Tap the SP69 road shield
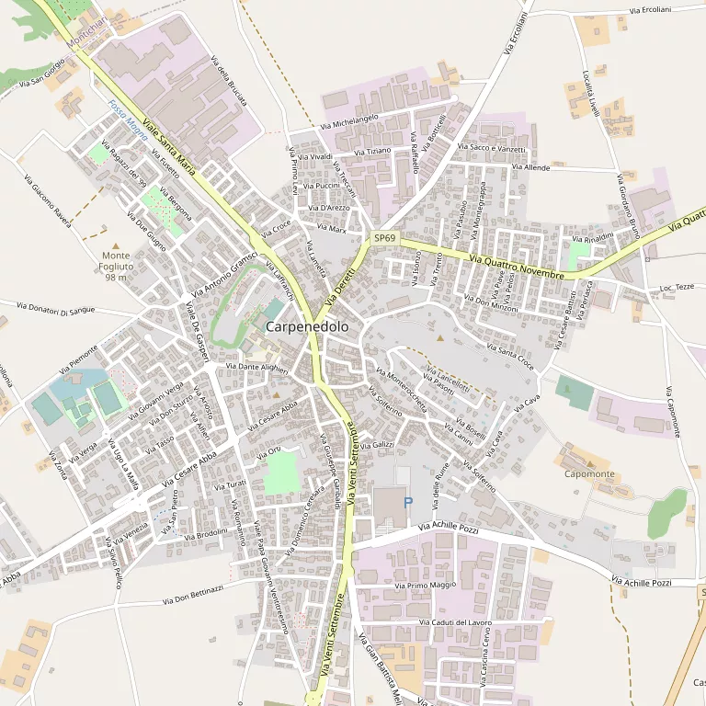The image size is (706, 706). tap(384, 238)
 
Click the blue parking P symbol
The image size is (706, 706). tap(408, 502)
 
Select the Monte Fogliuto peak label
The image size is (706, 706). tap(116, 266)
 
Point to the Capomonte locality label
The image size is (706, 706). tap(589, 473)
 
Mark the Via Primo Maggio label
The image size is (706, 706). tap(425, 585)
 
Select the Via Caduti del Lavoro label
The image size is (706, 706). tap(454, 622)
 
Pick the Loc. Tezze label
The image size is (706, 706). tap(677, 288)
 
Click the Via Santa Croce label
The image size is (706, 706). tap(508, 354)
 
